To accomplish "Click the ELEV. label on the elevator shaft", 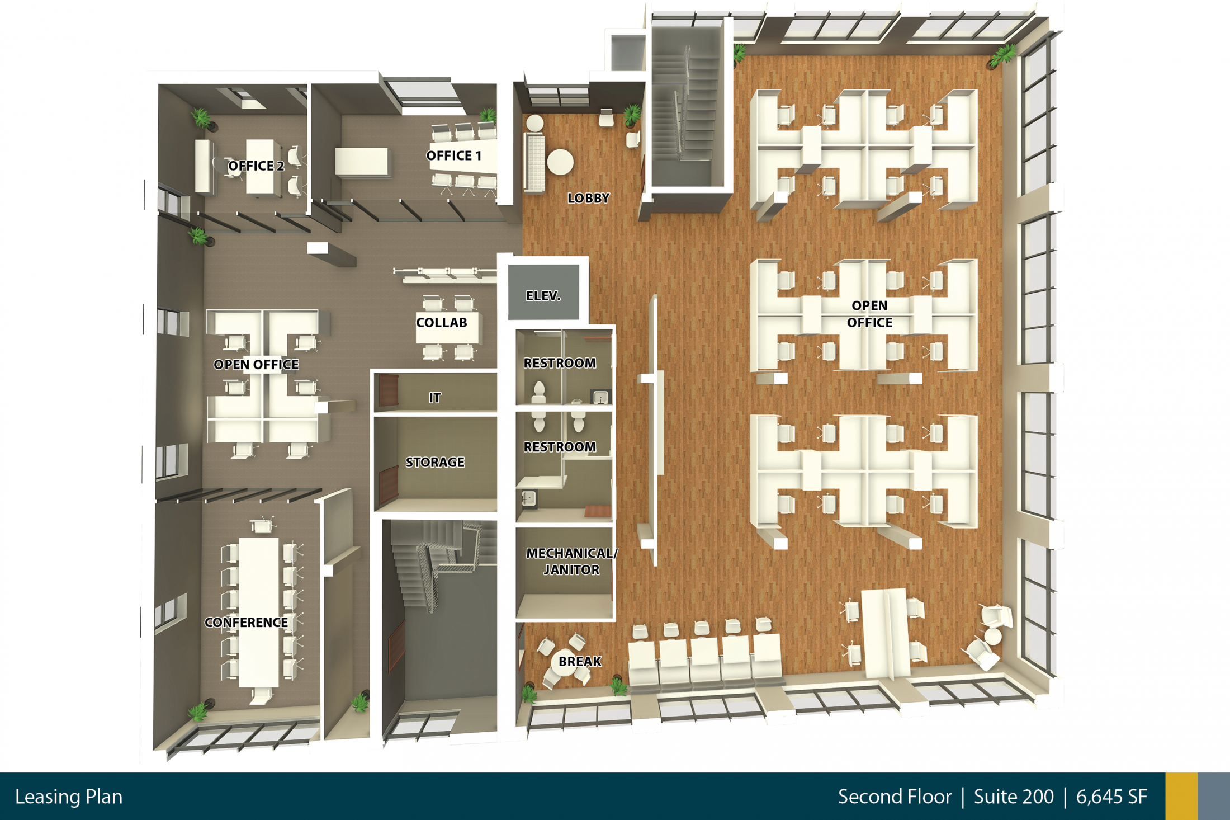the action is (x=543, y=296).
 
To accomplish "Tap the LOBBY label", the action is (x=588, y=198).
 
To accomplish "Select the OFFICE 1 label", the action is (x=453, y=155).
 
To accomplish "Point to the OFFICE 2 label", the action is (x=256, y=166).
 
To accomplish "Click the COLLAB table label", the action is (x=441, y=322).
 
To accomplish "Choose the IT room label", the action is (x=434, y=398).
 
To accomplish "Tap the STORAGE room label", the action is (x=434, y=462).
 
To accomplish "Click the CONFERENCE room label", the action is (x=246, y=623).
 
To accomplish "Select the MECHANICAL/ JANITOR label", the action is (x=571, y=561).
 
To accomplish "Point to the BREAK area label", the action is (x=580, y=662).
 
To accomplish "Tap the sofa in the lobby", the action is (x=534, y=163).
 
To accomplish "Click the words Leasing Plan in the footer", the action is (x=69, y=797).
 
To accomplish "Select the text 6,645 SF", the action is (x=1111, y=797).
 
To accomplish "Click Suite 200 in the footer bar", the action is (x=1013, y=797).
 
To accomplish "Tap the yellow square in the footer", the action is (x=1181, y=797).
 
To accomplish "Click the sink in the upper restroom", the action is (x=600, y=397).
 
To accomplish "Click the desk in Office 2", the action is (x=261, y=167).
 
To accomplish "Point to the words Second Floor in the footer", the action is (x=895, y=797).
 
